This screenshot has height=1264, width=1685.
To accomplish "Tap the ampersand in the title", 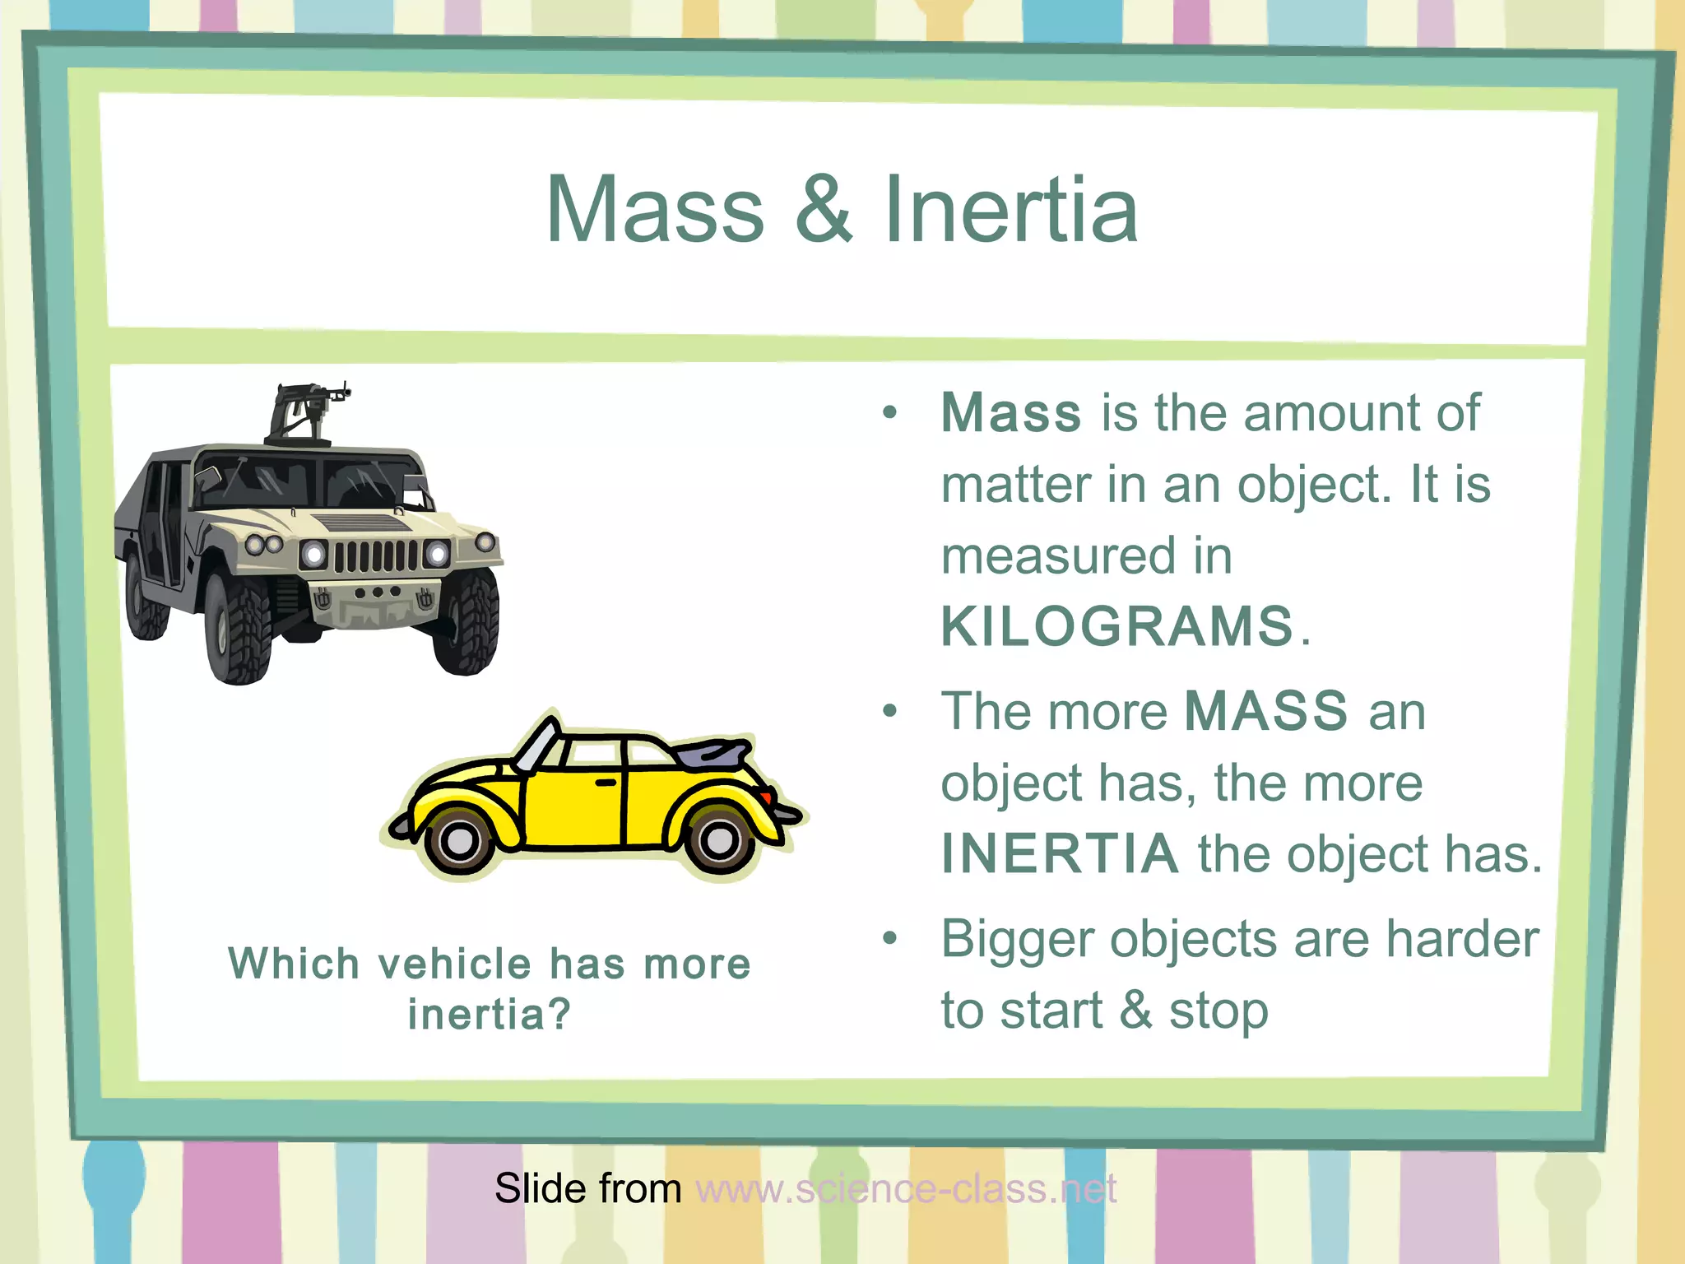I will (824, 210).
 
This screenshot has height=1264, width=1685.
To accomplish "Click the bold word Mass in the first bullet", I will (1011, 412).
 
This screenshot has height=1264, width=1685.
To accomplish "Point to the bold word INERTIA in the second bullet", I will (1060, 853).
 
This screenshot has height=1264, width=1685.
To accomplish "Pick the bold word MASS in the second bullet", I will (1266, 711).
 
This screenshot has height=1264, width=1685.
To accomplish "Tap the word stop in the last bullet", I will (1218, 1011).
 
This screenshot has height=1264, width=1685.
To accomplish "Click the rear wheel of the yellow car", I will (719, 840).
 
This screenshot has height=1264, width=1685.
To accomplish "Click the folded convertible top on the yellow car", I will (711, 750).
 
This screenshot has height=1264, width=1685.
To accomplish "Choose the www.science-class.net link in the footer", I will (906, 1188).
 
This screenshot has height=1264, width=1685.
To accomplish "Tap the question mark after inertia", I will (559, 1014).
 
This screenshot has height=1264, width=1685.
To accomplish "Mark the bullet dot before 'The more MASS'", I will (889, 711).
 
